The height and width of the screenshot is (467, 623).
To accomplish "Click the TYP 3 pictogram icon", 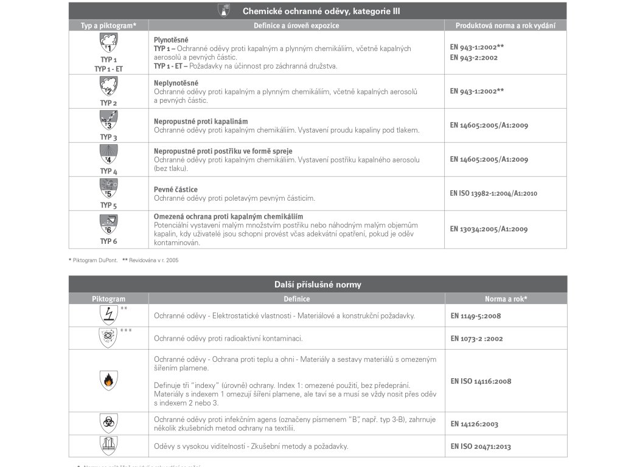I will tap(108, 120).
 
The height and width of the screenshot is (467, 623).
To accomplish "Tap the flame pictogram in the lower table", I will tap(108, 381).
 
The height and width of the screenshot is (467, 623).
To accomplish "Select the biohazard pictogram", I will tap(108, 422).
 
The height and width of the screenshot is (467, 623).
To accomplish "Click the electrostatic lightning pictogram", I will tap(108, 315).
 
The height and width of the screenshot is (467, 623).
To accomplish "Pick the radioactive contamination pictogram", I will tap(108, 337).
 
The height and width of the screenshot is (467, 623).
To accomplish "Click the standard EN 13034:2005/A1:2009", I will tap(489, 229).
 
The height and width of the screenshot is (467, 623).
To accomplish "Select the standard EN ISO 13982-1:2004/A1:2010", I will tap(493, 193).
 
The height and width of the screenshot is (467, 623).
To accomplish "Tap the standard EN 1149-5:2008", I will tap(476, 316).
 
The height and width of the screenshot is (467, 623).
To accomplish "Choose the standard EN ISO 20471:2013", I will tap(481, 446).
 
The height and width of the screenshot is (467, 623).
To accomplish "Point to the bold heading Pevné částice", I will tap(175, 190).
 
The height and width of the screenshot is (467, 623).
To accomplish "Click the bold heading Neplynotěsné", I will tap(176, 83).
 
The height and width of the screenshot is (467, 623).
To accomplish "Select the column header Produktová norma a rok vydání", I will tap(505, 26).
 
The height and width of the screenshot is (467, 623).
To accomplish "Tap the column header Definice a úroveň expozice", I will tap(296, 26).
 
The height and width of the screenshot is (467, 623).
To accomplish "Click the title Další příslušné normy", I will tap(318, 285).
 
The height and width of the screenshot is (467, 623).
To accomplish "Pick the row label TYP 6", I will tap(108, 241).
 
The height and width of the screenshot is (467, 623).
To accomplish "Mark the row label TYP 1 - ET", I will tap(108, 69).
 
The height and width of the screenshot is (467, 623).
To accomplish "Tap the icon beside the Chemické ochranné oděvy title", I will tap(224, 10).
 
